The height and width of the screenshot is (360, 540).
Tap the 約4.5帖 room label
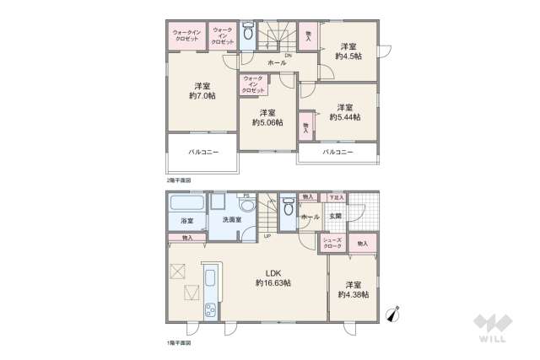tap(348, 51)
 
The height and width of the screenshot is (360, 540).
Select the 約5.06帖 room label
tap(267, 117)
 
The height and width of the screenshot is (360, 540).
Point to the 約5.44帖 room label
tap(346, 112)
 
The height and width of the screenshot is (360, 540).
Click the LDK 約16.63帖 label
tap(273, 278)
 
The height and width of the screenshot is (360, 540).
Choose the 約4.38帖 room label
tap(351, 289)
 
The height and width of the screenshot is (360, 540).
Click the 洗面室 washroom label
tap(232, 220)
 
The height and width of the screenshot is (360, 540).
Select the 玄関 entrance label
tap(335, 216)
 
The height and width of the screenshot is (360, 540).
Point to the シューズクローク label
tap(332, 243)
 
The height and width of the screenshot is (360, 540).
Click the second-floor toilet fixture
tap(247, 35)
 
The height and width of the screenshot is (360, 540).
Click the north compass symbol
tap(393, 314)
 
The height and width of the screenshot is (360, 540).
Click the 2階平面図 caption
tap(178, 180)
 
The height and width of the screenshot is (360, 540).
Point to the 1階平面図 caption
tap(178, 344)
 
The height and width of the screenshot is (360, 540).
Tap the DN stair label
tap(288, 56)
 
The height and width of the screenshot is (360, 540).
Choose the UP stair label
tap(267, 235)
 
